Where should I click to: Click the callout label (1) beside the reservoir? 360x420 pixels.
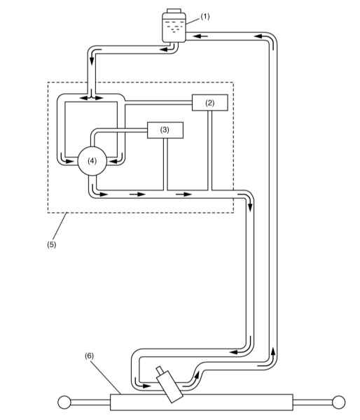click(205, 17)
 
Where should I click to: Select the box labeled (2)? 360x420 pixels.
click(210, 103)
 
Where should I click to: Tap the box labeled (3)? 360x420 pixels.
click(165, 130)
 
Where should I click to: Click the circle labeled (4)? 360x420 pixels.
click(92, 161)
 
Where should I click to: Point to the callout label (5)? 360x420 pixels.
click(51, 244)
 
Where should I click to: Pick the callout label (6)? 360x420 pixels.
click(89, 356)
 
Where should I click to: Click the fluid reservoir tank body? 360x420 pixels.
click(174, 27)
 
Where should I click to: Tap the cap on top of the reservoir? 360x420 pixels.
click(174, 10)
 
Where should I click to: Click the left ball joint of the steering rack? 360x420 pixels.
click(64, 402)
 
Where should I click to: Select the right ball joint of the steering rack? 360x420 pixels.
click(338, 402)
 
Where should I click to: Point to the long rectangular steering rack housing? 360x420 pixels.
click(201, 402)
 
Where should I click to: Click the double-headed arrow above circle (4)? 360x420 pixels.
click(92, 98)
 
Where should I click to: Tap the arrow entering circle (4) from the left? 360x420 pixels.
click(67, 161)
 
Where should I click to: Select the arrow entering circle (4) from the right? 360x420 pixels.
click(116, 161)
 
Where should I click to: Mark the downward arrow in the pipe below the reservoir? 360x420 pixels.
click(92, 57)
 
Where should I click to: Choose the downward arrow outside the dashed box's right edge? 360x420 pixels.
click(250, 202)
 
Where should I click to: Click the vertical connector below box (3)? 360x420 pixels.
click(165, 164)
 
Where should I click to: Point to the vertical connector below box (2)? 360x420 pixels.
click(210, 150)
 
